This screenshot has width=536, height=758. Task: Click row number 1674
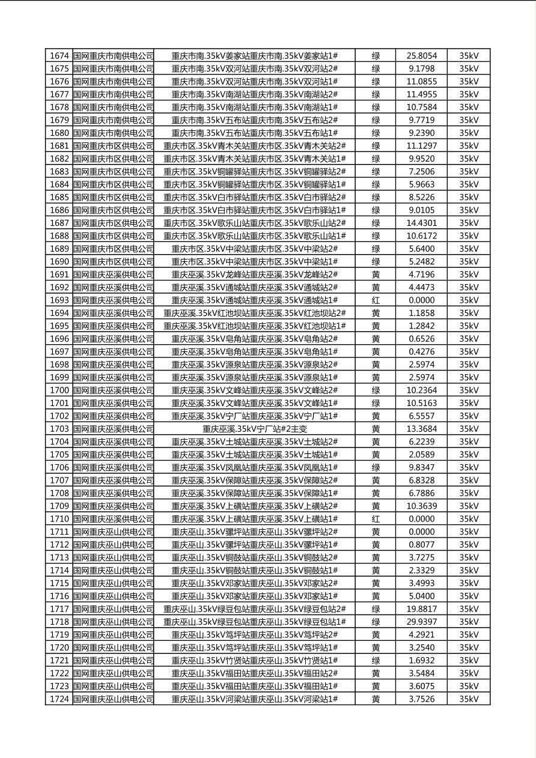pyautogui.click(x=59, y=56)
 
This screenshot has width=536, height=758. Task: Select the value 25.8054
pyautogui.click(x=421, y=56)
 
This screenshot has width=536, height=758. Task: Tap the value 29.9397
pyautogui.click(x=421, y=622)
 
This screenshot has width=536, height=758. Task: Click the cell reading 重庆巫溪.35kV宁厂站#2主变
pyautogui.click(x=255, y=429)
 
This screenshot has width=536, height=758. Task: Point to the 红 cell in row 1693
pyautogui.click(x=376, y=300)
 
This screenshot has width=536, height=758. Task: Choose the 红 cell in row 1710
pyautogui.click(x=376, y=519)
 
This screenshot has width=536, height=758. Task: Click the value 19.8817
pyautogui.click(x=421, y=609)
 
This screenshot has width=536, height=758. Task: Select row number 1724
pyautogui.click(x=59, y=699)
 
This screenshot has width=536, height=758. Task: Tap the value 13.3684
pyautogui.click(x=421, y=429)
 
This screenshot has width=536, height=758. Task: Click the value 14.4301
pyautogui.click(x=421, y=223)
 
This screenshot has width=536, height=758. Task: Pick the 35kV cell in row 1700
pyautogui.click(x=469, y=390)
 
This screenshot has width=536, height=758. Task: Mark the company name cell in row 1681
pyautogui.click(x=114, y=146)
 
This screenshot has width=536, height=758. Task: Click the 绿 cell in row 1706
pyautogui.click(x=376, y=467)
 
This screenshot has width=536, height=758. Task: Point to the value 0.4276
pyautogui.click(x=421, y=352)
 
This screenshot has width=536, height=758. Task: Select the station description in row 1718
pyautogui.click(x=255, y=622)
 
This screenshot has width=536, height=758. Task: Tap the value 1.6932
pyautogui.click(x=421, y=660)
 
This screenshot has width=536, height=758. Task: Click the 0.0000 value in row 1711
pyautogui.click(x=421, y=532)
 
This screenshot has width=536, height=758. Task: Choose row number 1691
pyautogui.click(x=59, y=274)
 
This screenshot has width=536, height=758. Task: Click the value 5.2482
pyautogui.click(x=421, y=262)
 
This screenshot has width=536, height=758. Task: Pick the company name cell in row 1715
pyautogui.click(x=114, y=583)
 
